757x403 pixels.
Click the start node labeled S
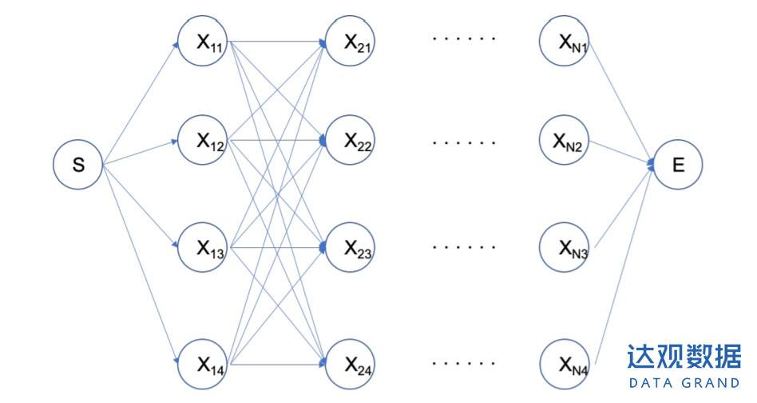(x=78, y=166)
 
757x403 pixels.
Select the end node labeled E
(x=679, y=166)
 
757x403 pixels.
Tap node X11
(x=204, y=42)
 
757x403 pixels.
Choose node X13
(x=204, y=249)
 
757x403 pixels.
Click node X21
(x=351, y=42)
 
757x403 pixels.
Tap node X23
(x=351, y=249)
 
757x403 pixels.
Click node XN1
(x=565, y=42)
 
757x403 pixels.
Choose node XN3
(x=565, y=249)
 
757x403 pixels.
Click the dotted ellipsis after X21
(x=464, y=38)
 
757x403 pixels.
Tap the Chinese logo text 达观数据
(x=684, y=357)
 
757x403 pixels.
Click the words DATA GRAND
(x=684, y=383)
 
